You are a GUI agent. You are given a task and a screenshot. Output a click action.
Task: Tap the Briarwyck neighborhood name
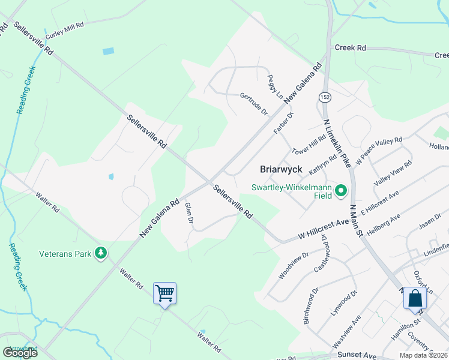tap(280, 169)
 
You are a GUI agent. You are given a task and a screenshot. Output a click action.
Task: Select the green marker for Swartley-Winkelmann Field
tap(341, 191)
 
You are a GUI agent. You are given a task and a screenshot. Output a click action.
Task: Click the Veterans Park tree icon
tap(101, 254)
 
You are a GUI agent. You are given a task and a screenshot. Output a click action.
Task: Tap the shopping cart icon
tap(164, 293)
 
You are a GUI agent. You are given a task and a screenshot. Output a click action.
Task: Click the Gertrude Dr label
tap(253, 104)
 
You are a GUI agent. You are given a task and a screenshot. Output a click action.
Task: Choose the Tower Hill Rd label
tap(309, 142)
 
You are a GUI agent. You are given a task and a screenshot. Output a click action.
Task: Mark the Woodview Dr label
tap(294, 265)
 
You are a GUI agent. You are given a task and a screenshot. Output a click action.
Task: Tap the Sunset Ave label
tap(360, 355)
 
